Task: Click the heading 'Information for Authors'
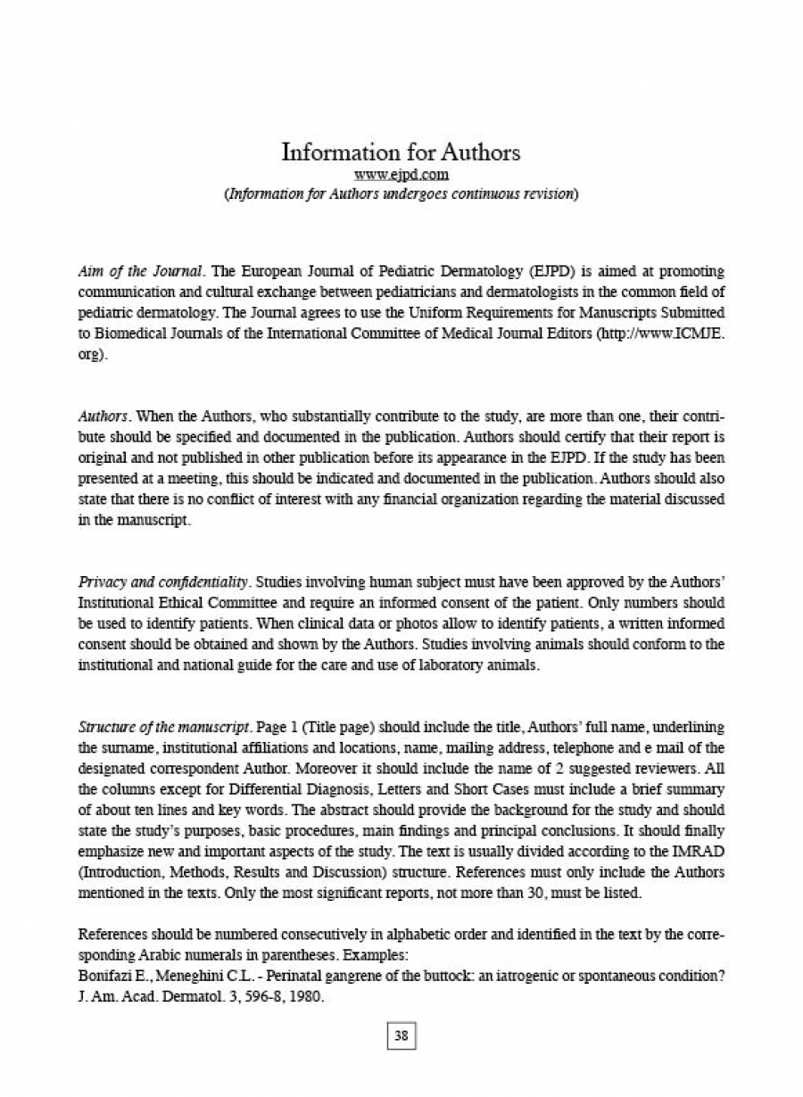(x=401, y=153)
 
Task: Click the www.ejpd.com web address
(x=401, y=175)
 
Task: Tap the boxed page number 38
(x=401, y=1035)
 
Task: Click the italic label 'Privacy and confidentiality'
(x=161, y=582)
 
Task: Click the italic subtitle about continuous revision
(x=401, y=194)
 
